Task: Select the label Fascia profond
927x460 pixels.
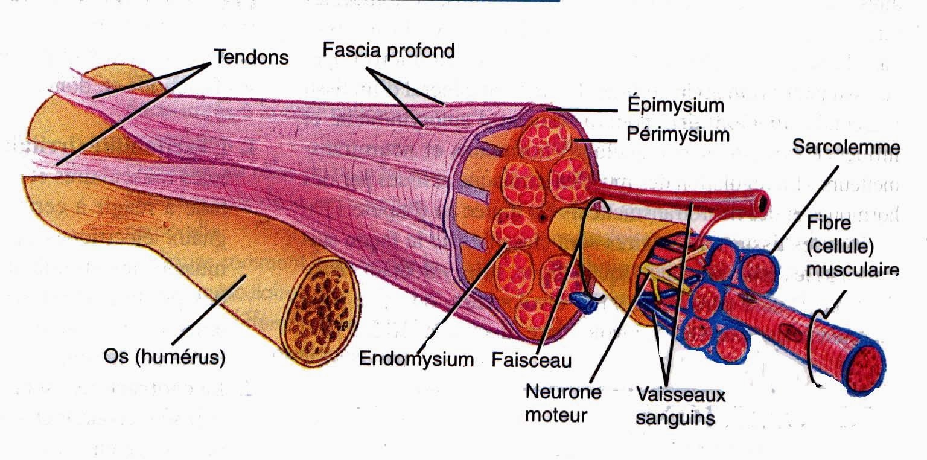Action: coord(388,50)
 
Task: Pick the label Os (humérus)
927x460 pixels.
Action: coord(163,358)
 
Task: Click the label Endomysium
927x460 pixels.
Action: coord(416,359)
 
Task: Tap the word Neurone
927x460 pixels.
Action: coord(563,392)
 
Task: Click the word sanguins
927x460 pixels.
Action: coord(675,417)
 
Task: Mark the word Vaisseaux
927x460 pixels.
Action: coord(681,395)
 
